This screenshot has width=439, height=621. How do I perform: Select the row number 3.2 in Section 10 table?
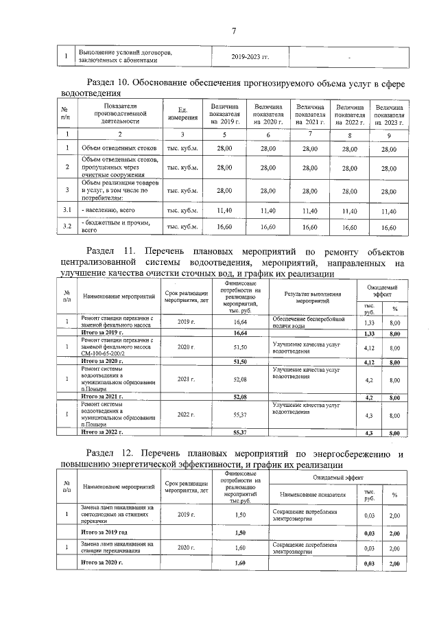(x=67, y=226)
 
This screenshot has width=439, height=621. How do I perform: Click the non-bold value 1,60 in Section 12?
(x=240, y=548)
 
